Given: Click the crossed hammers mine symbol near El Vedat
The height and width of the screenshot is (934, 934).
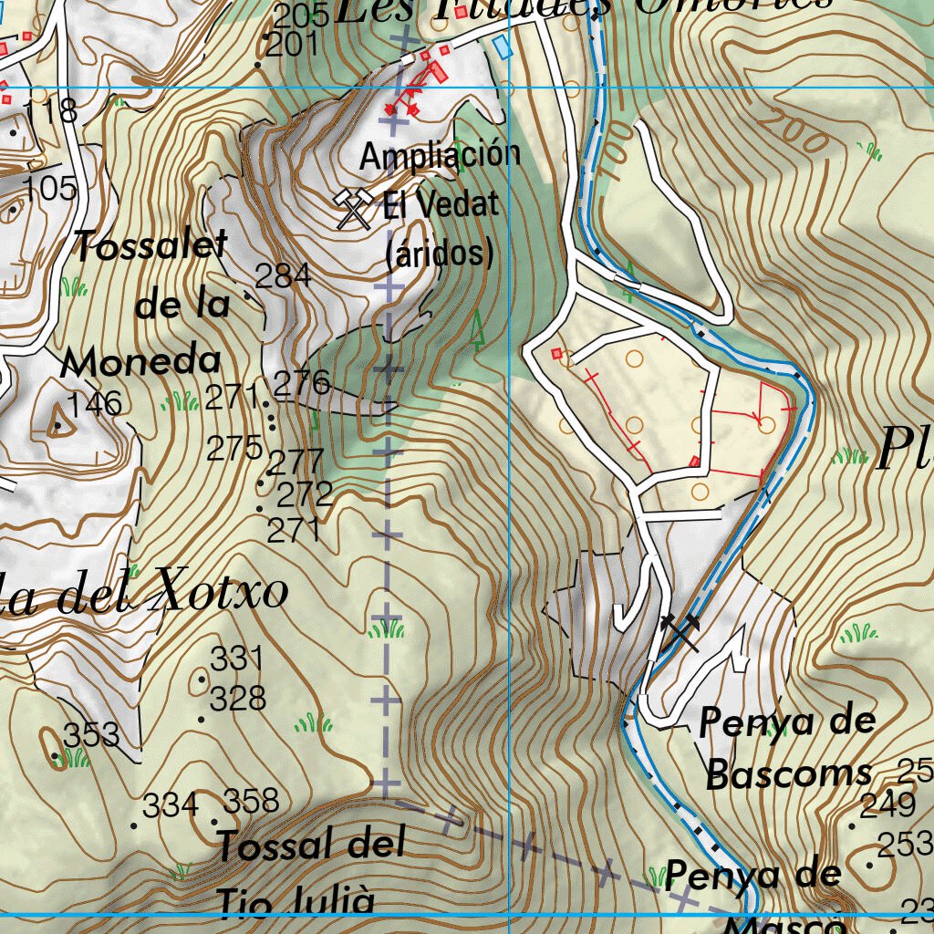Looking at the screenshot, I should [354, 208].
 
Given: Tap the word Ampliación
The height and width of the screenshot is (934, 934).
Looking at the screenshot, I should [440, 156].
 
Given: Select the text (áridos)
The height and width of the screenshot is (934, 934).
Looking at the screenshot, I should [440, 253].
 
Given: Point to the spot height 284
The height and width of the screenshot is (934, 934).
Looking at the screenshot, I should [283, 275].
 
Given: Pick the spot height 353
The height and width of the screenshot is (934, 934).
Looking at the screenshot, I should [91, 733].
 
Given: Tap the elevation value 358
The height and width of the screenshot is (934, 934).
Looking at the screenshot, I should [251, 801].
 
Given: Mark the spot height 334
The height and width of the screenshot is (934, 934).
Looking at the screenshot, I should [171, 805].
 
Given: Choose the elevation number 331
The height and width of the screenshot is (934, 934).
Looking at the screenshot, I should [236, 658].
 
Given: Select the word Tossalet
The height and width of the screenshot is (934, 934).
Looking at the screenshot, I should [150, 246].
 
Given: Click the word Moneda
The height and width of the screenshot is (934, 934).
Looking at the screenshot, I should [141, 362].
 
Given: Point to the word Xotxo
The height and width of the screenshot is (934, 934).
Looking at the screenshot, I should [223, 593].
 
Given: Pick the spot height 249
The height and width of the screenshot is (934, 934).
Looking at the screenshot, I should [888, 804].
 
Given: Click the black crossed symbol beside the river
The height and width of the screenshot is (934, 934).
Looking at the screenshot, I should [680, 628].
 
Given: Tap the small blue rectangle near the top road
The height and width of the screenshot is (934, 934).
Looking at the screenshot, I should [500, 46].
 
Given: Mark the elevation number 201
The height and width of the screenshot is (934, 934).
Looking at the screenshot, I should [294, 44].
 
